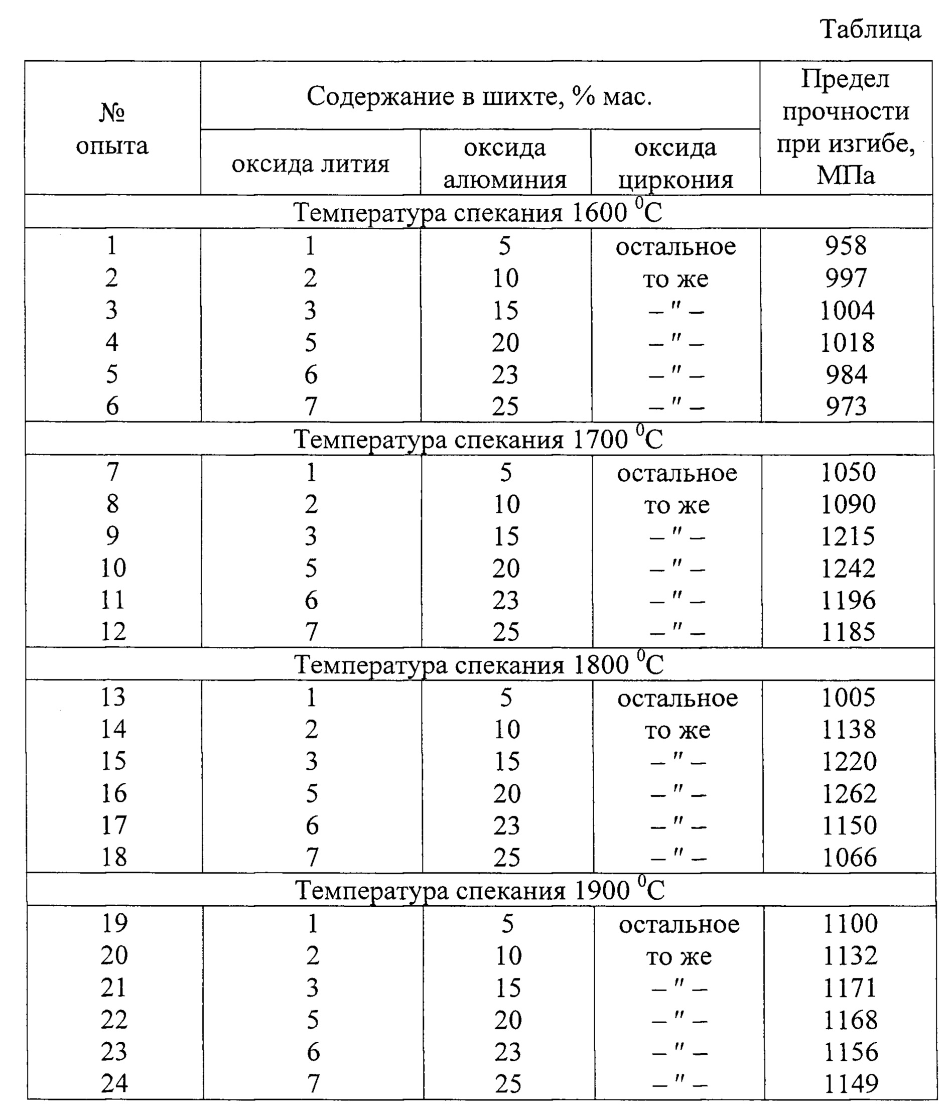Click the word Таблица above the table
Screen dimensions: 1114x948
click(871, 29)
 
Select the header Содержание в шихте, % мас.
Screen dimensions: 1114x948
click(479, 97)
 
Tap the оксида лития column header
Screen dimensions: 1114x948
click(310, 164)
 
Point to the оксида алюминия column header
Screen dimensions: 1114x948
click(505, 164)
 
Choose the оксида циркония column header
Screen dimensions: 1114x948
click(675, 164)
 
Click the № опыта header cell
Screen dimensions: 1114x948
click(112, 129)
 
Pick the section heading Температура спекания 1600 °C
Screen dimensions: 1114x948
click(478, 212)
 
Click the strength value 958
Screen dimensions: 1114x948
click(846, 245)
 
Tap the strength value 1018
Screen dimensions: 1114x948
click(847, 342)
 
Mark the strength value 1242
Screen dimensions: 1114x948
click(848, 568)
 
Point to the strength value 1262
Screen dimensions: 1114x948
click(849, 793)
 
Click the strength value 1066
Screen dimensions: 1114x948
click(850, 857)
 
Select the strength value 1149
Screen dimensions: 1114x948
click(851, 1083)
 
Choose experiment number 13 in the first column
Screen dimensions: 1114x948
click(113, 697)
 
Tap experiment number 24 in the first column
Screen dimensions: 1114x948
click(114, 1083)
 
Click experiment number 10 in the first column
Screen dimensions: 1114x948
click(113, 568)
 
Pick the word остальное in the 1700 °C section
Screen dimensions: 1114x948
click(676, 473)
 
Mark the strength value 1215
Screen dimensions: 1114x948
click(848, 536)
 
